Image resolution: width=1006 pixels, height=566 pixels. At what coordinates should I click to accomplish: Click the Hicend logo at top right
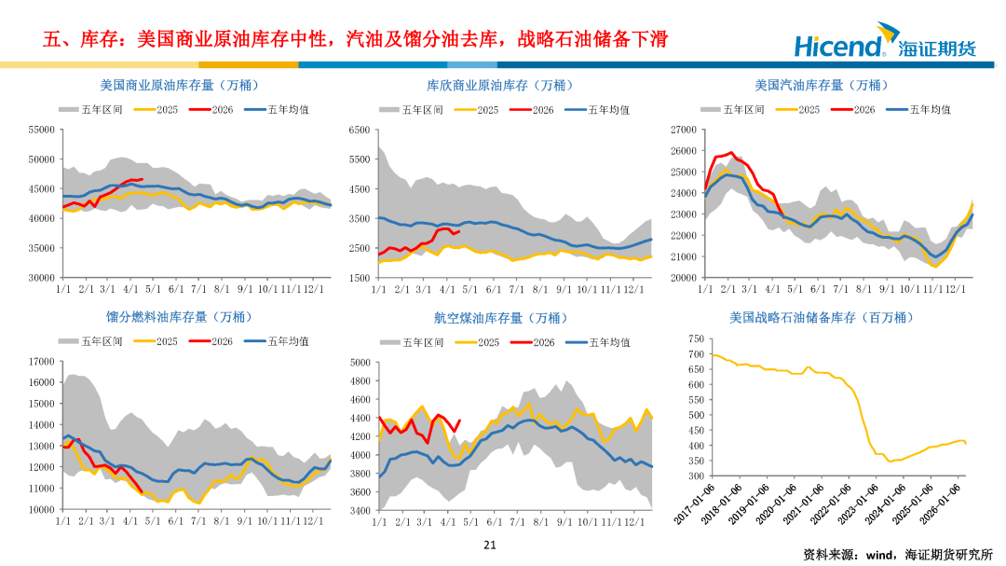coord(884,45)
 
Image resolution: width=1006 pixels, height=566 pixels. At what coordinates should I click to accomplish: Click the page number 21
coord(490,545)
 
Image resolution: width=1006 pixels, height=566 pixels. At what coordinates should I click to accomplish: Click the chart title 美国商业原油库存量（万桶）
coord(168,86)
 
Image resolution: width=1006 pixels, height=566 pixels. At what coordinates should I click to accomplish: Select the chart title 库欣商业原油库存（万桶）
coord(496,86)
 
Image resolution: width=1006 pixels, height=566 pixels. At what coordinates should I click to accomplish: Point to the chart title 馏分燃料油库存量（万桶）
coord(165,318)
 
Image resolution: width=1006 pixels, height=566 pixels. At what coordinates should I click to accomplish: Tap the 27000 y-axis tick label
coord(683,130)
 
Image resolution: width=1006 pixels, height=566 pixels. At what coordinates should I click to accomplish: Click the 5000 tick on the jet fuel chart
coord(361,362)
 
